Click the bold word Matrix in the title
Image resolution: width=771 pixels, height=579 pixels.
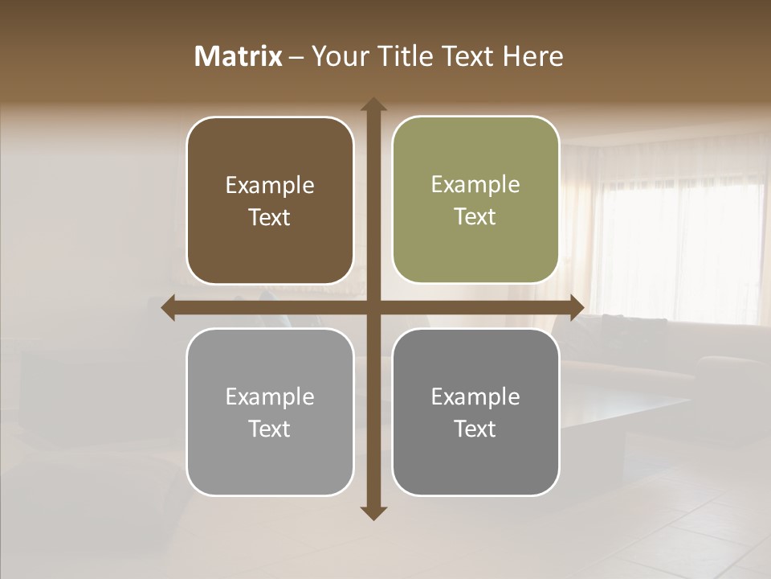(x=238, y=56)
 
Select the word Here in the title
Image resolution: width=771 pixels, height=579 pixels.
(x=533, y=56)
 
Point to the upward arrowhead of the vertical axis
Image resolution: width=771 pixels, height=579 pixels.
(x=373, y=105)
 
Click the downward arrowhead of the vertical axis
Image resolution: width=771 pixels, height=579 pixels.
(x=373, y=512)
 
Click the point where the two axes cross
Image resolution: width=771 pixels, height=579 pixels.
(x=373, y=308)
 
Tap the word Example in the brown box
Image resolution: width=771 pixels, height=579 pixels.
(x=270, y=186)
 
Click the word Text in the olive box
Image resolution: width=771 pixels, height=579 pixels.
(x=475, y=217)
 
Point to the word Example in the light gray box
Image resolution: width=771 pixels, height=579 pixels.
(x=270, y=397)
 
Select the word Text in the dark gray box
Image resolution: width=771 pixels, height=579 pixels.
(x=475, y=429)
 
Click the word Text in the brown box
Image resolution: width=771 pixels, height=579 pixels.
(x=270, y=218)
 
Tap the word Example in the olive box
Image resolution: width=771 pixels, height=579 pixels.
(x=475, y=185)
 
